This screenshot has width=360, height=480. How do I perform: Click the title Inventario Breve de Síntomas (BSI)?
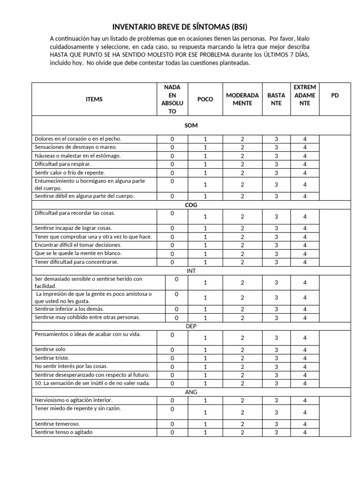[x=180, y=27]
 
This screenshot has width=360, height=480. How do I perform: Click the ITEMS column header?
[x=94, y=99]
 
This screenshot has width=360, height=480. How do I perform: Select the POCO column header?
[x=205, y=99]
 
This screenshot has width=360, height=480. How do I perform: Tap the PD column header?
[x=335, y=95]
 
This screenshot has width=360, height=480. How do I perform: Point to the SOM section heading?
[x=191, y=126]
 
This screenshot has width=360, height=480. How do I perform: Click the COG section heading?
[x=191, y=204]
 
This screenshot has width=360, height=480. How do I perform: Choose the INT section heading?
[x=191, y=271]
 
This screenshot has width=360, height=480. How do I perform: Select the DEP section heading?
[x=191, y=326]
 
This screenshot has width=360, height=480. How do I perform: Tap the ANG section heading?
[x=191, y=392]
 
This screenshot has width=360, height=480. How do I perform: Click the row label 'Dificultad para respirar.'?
[x=63, y=165]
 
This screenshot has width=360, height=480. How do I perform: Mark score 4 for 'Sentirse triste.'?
[x=305, y=359]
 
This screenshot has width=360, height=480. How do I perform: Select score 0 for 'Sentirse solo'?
[x=172, y=350]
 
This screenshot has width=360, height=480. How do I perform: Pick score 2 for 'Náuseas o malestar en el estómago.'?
[x=242, y=156]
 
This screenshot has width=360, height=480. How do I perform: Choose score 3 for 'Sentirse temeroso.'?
[x=277, y=424]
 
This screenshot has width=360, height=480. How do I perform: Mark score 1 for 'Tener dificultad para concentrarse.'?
[x=205, y=262]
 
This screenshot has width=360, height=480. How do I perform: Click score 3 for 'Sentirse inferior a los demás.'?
[x=277, y=309]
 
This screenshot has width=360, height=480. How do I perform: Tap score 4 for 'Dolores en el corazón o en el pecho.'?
[x=305, y=139]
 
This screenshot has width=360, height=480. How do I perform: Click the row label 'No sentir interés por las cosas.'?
[x=68, y=367]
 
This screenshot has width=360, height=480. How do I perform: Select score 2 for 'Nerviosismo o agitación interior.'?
[x=242, y=401]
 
